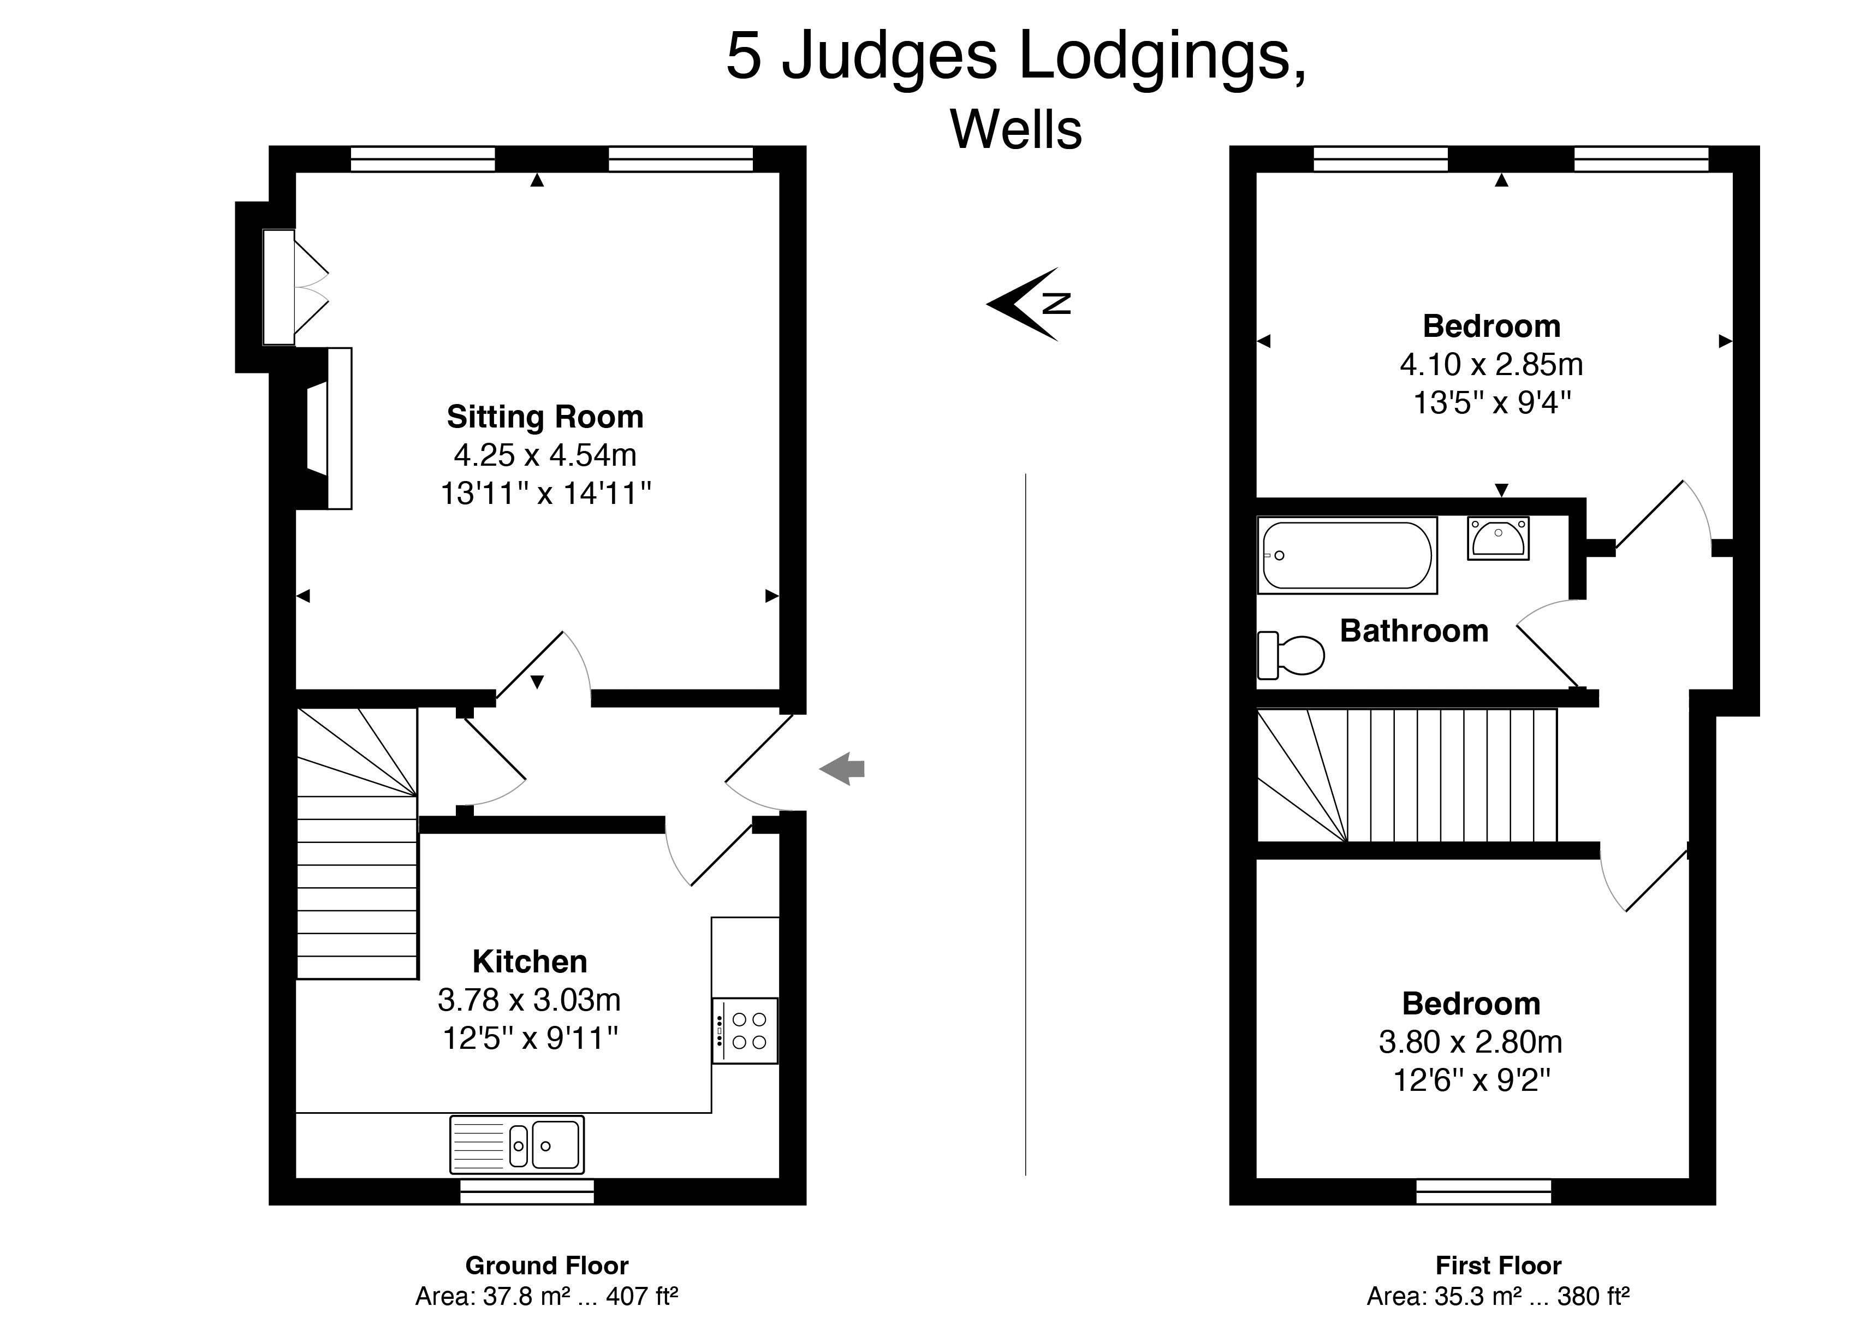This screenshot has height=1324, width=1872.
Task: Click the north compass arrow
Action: click(1027, 303)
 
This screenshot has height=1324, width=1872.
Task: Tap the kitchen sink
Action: click(517, 1144)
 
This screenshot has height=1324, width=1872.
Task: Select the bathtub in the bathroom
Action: click(1347, 555)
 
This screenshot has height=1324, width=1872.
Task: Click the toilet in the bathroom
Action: click(1291, 655)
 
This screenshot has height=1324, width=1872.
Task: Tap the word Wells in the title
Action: click(1016, 129)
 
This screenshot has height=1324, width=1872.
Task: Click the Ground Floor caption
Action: click(546, 1265)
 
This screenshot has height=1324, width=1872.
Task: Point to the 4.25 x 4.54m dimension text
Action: click(545, 455)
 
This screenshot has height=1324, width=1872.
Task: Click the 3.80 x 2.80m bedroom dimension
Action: click(1471, 1042)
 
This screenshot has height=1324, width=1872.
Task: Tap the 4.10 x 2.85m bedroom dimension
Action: click(1491, 364)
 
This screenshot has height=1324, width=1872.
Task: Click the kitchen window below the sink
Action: click(527, 1191)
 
